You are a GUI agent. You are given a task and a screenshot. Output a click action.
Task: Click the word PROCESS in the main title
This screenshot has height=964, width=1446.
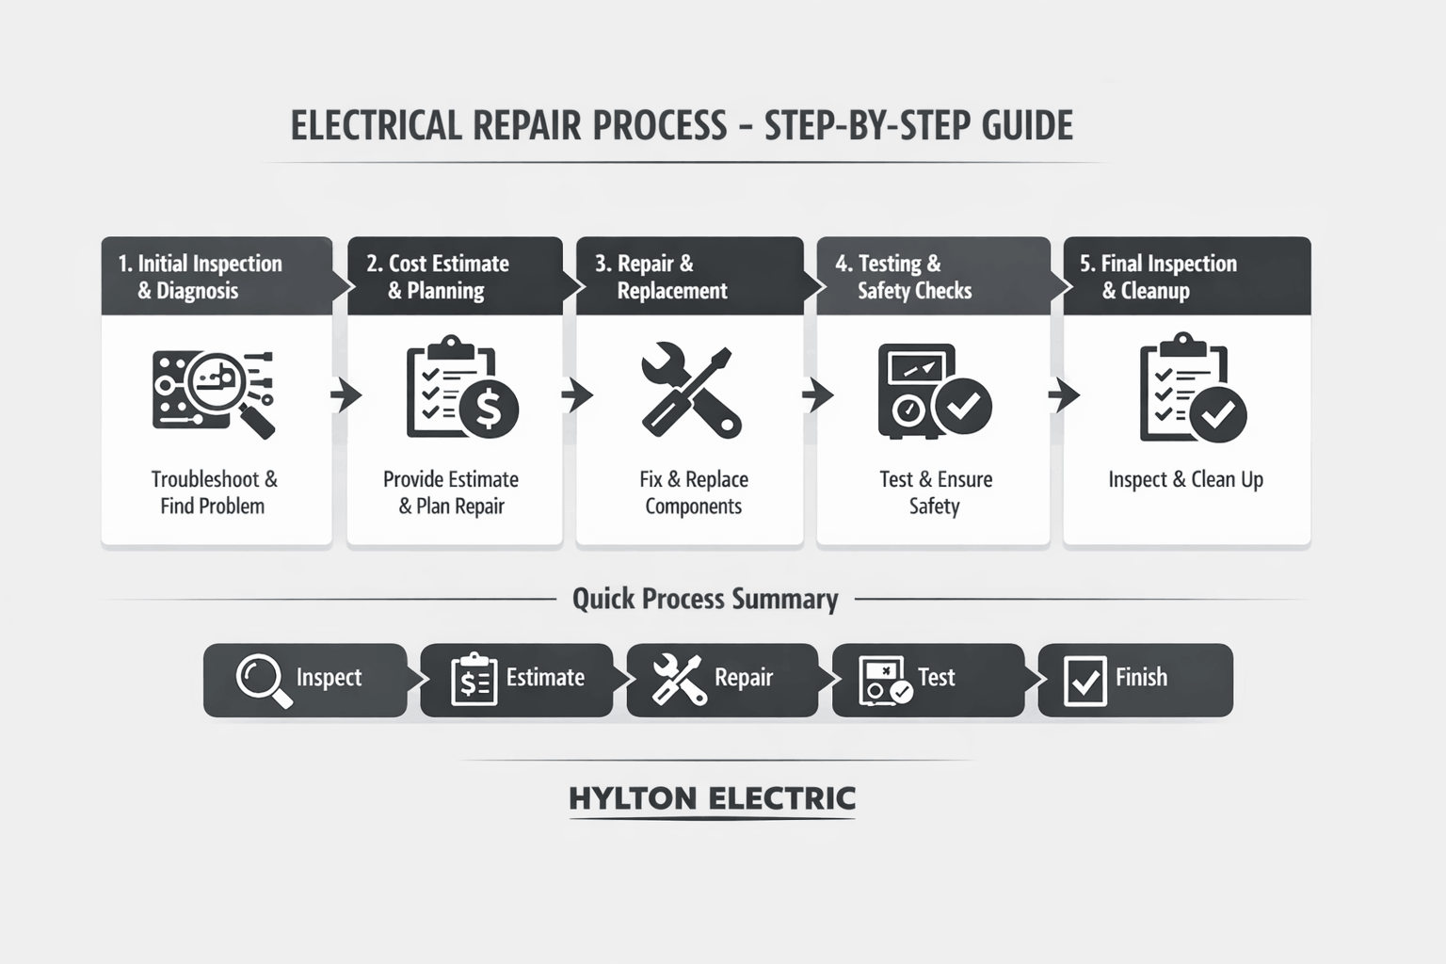pos(659,125)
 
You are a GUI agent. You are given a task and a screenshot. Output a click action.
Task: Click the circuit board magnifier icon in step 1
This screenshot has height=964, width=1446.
pos(214,393)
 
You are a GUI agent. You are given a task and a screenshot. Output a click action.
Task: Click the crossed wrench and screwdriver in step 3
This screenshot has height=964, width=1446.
pos(692,392)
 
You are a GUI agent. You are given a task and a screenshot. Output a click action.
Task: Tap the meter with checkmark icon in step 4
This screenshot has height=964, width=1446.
pos(933,392)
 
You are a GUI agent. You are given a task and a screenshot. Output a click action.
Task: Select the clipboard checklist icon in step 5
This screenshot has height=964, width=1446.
pos(1192,388)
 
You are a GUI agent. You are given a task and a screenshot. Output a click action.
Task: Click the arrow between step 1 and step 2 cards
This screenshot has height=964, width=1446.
pos(345,395)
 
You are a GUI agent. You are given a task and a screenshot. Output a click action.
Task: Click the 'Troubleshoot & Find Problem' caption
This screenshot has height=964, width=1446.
pos(214,492)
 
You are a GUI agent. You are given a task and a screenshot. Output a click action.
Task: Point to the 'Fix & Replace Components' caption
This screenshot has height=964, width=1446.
pos(694,492)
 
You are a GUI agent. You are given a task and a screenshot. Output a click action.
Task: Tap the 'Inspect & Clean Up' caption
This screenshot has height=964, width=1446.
pos(1185,479)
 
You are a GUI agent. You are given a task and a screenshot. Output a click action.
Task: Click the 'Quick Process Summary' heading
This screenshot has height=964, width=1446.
pos(705,599)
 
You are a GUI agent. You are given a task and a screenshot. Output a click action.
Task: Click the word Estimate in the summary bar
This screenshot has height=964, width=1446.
pos(545,678)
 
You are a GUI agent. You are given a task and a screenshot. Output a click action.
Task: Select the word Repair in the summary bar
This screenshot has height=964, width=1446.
pos(744,678)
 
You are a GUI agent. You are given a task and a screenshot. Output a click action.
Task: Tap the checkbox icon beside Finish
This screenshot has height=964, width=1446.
pos(1084,681)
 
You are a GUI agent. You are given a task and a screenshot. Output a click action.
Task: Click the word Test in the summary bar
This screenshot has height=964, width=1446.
pos(936,678)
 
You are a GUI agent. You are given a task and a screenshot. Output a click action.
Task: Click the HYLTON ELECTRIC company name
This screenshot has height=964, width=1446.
pos(712,798)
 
